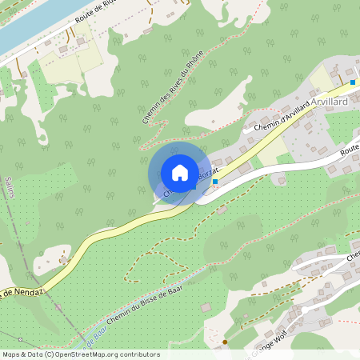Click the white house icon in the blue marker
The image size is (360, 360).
tap(180, 173)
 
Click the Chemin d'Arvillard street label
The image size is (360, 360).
tap(281, 118)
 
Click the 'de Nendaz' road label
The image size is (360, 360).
tap(20, 291)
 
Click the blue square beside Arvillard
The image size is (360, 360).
tap(353, 82)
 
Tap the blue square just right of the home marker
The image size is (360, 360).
tap(215, 182)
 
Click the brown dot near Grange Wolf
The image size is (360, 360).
tap(225, 342)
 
